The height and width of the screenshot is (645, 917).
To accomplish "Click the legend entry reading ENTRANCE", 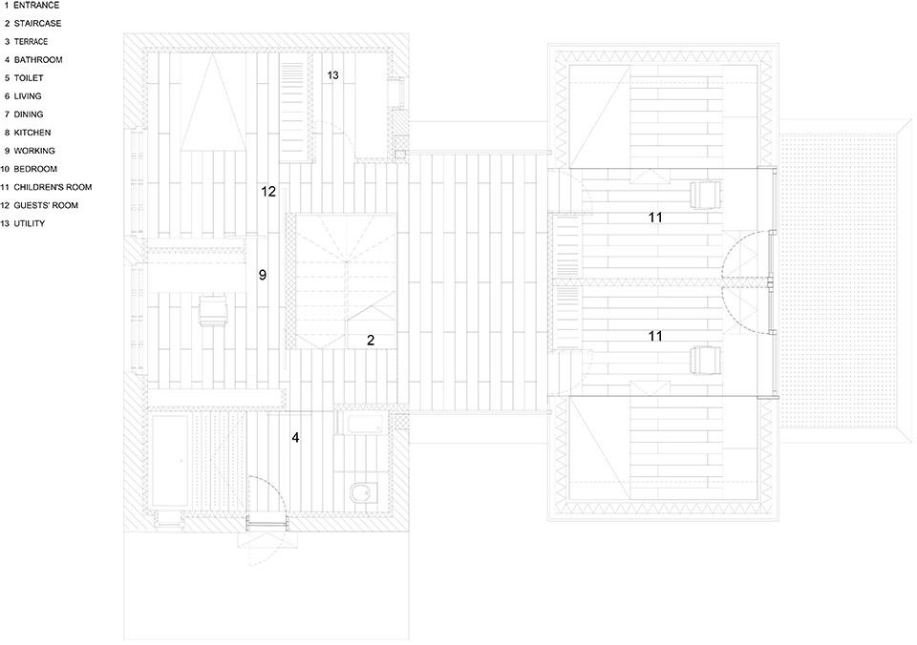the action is click(x=36, y=6).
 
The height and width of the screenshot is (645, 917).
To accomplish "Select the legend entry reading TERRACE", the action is click(x=31, y=41).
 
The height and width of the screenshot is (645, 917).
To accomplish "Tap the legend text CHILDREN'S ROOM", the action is click(x=53, y=187).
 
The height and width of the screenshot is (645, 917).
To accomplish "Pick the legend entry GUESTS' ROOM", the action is click(x=46, y=205).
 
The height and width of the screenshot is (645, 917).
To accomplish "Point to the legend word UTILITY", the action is click(x=30, y=223).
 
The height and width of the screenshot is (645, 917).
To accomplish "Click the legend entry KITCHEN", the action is click(x=32, y=133).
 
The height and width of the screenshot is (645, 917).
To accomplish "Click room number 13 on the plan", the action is click(x=332, y=75).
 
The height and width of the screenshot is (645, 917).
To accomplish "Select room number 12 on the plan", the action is click(x=268, y=191).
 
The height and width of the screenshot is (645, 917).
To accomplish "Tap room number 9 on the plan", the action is click(x=263, y=275).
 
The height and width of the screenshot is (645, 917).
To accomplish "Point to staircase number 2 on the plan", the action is click(x=371, y=340).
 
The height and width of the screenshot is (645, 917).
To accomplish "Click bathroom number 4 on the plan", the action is click(x=296, y=437).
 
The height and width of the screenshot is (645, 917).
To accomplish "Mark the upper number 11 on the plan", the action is click(x=655, y=218).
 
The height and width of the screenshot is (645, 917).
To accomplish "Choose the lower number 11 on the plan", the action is click(x=655, y=336).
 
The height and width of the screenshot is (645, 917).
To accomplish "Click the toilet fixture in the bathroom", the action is click(x=364, y=493).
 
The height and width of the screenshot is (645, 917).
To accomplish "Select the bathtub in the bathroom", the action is click(x=169, y=462).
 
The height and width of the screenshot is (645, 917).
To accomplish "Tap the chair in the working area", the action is click(x=213, y=310).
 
